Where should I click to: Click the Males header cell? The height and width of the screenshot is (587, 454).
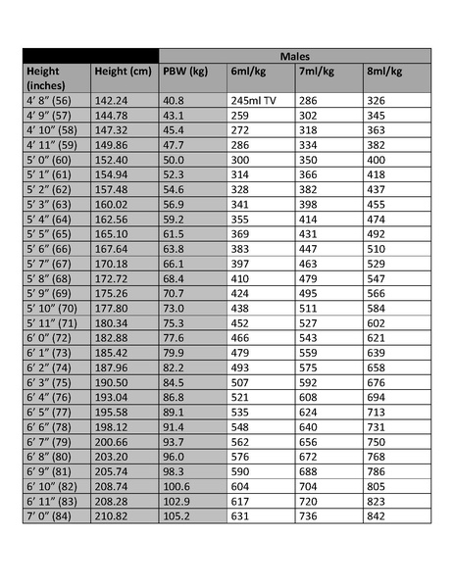pos(294,57)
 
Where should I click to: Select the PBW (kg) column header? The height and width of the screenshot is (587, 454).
pos(185,72)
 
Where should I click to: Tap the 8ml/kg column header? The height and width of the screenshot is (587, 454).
pos(382,72)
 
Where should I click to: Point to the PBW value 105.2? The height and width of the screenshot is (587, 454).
pos(177,515)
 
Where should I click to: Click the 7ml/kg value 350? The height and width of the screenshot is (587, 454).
pos(309,159)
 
